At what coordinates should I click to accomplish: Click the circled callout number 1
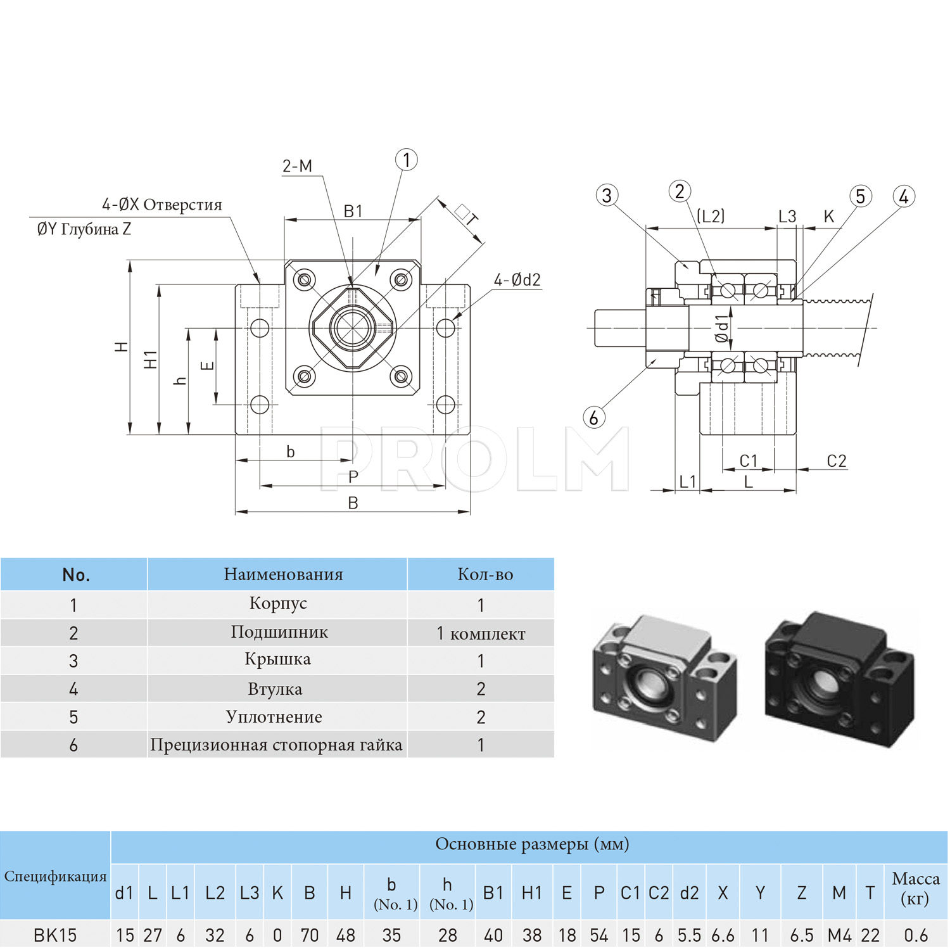[407, 160]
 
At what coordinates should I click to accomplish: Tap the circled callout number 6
[593, 417]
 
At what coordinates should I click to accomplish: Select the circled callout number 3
[607, 195]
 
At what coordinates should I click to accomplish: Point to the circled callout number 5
[860, 196]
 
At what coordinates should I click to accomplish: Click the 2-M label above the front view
[297, 166]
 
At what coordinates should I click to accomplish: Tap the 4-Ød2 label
[517, 280]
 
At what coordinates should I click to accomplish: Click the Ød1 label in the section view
[722, 329]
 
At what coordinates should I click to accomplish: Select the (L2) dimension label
[711, 217]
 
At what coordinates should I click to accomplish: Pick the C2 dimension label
[837, 461]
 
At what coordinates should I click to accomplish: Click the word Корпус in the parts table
[278, 604]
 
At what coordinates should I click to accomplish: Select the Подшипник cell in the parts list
[279, 632]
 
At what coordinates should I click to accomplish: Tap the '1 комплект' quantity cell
[481, 633]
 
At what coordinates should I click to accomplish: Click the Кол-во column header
[485, 574]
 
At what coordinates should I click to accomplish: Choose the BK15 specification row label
[55, 935]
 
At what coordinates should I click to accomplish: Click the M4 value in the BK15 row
[839, 935]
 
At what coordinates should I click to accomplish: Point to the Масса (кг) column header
[915, 889]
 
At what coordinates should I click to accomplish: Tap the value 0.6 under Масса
[916, 935]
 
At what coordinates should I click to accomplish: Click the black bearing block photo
[839, 679]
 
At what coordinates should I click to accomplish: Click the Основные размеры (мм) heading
[532, 844]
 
